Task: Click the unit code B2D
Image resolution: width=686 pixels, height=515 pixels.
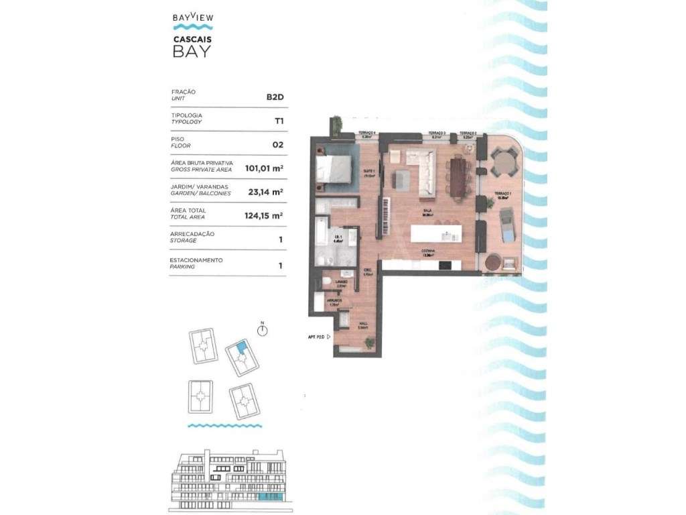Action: click(x=275, y=97)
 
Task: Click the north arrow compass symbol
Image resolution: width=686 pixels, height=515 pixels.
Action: click(x=263, y=331)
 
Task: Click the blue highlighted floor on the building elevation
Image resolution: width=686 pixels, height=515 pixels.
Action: click(x=271, y=498)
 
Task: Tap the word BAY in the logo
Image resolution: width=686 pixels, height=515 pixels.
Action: click(x=192, y=52)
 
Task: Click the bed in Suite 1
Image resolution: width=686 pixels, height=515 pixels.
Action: click(x=333, y=168)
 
